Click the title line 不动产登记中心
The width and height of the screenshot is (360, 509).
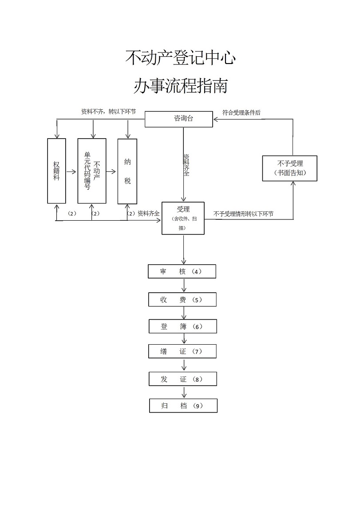coord(180,58)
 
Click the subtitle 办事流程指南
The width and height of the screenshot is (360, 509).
coord(180,86)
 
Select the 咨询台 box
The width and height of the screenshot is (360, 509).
coord(179,119)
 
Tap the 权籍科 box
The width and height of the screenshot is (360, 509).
coord(56,171)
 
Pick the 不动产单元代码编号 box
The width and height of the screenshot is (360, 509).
coord(92,171)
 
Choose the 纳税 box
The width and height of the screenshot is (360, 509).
coord(127,171)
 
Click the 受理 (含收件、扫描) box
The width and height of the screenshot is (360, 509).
coord(183,218)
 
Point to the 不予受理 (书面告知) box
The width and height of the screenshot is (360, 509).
coord(290,168)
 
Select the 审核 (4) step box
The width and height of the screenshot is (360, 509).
coord(182,271)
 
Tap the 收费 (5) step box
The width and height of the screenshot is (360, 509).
coord(182,299)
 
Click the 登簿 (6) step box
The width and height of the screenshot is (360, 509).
coord(182,326)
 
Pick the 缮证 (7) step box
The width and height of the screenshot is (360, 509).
coord(182,351)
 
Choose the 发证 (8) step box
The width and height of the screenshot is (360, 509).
coord(182,379)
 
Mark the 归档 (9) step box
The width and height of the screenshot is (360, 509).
coord(183,406)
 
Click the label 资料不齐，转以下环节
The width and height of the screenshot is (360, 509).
coord(108,112)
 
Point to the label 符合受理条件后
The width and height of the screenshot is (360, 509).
coord(241,112)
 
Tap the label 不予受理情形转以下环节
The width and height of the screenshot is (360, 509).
coord(243,214)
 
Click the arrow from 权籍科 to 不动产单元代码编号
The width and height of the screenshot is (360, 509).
coord(71,171)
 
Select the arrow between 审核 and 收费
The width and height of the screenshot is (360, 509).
coord(184,286)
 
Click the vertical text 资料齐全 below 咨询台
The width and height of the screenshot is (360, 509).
coord(187,165)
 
